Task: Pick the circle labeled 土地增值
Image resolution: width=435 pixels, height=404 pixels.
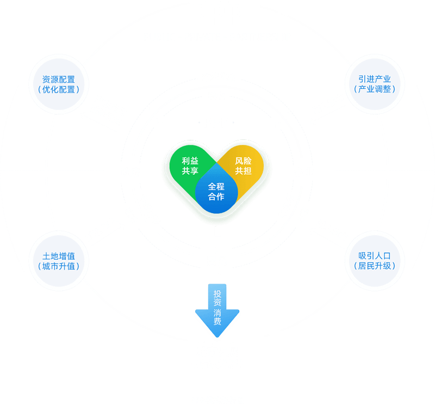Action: tap(59, 260)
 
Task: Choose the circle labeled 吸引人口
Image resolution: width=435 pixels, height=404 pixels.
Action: tap(375, 260)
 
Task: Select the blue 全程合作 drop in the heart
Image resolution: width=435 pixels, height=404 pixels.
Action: tap(216, 192)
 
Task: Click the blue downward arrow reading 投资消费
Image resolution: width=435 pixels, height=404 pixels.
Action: tap(217, 309)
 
